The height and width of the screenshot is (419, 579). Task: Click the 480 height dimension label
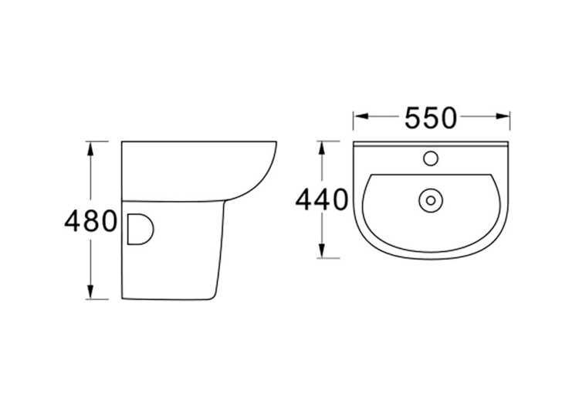(x=90, y=222)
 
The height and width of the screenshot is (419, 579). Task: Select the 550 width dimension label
(x=432, y=118)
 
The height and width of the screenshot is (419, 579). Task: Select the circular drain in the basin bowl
(x=429, y=200)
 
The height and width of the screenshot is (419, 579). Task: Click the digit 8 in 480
(x=90, y=222)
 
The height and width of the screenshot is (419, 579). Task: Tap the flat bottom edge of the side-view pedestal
(x=166, y=300)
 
